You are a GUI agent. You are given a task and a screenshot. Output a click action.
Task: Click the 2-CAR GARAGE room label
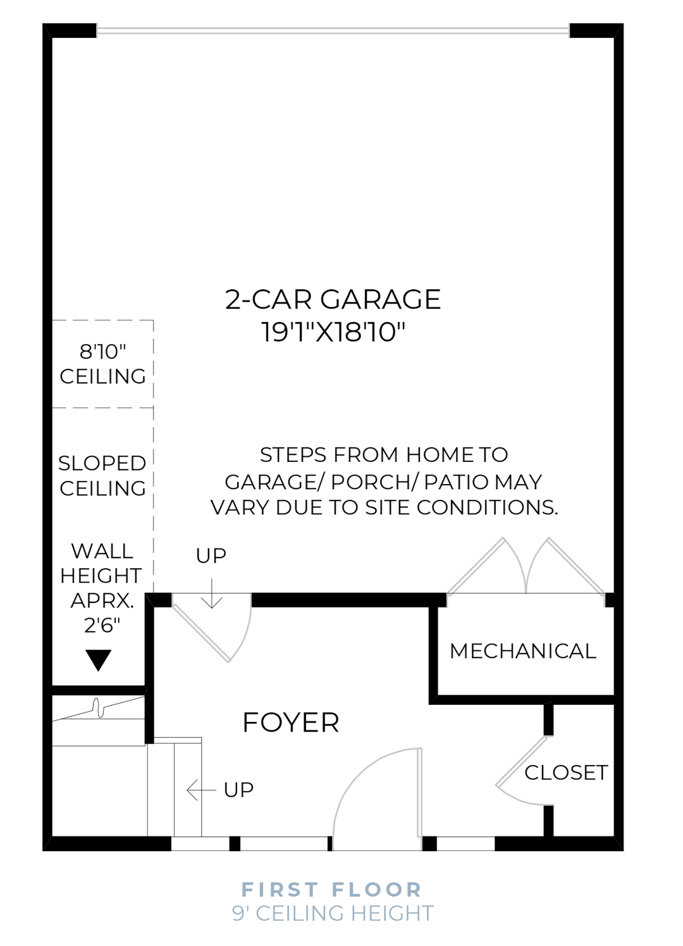click(x=333, y=299)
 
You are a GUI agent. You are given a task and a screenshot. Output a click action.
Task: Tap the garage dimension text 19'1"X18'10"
click(x=333, y=332)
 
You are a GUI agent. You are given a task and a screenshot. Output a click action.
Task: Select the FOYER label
click(x=291, y=723)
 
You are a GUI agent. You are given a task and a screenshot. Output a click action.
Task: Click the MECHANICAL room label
click(x=523, y=651)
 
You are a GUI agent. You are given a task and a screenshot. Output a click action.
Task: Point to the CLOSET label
click(x=566, y=773)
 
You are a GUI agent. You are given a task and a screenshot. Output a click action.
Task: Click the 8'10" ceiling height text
click(x=102, y=351)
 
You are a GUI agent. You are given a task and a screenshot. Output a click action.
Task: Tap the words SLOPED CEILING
click(x=102, y=476)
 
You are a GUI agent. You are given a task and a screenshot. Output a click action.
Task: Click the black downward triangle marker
click(x=99, y=659)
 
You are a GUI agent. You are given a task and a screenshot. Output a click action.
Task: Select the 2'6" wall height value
click(x=102, y=625)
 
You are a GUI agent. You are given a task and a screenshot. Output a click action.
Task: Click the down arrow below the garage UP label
click(x=212, y=594)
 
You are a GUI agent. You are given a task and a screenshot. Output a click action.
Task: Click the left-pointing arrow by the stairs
click(x=201, y=790)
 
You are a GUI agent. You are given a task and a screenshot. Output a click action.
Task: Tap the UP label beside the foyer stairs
click(x=239, y=790)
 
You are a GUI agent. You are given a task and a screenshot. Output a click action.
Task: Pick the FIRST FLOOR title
click(x=331, y=890)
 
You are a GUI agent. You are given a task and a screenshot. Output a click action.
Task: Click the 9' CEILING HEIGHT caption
click(x=333, y=914)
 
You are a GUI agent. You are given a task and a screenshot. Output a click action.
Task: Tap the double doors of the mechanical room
click(x=526, y=566)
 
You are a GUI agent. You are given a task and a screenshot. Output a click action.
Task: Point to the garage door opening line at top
click(x=333, y=30)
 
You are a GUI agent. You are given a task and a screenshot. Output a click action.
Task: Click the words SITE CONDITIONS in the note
click(x=487, y=507)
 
